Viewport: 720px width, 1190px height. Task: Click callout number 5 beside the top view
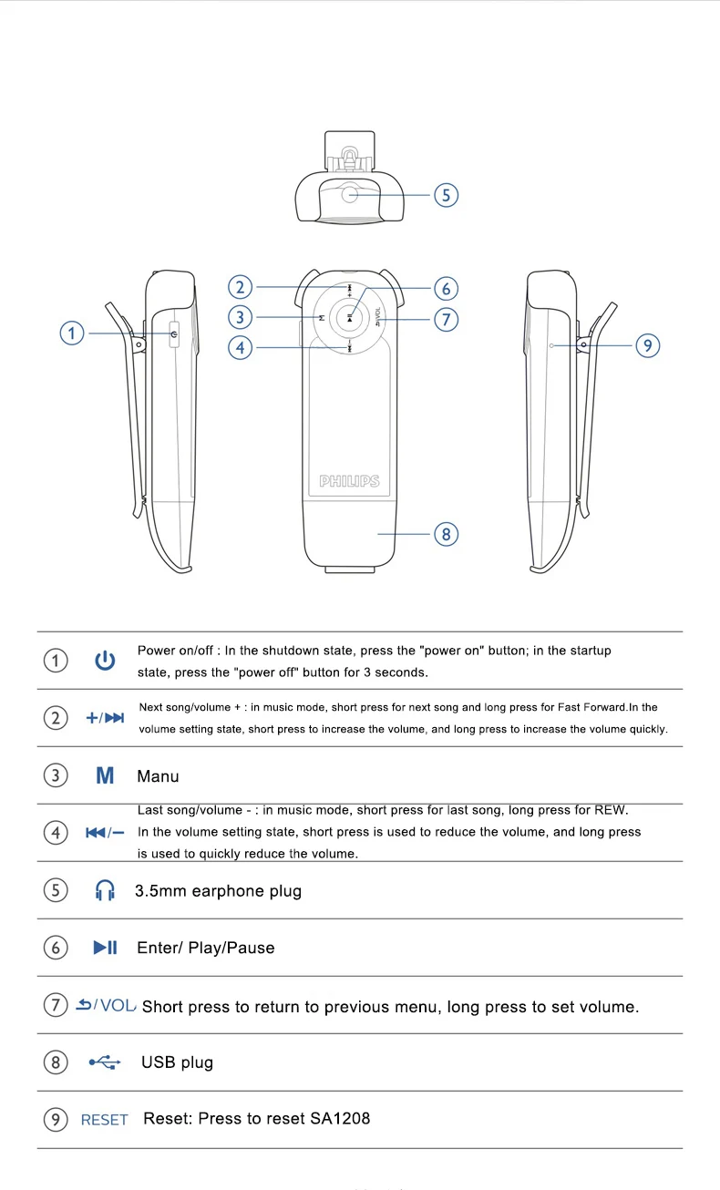click(446, 195)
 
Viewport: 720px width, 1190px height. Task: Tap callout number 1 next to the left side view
click(73, 333)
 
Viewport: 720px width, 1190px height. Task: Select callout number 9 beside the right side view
click(646, 345)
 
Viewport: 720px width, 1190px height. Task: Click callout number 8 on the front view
click(446, 534)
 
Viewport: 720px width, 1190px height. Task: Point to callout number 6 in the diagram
click(446, 289)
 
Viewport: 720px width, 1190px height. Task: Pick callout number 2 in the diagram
click(240, 288)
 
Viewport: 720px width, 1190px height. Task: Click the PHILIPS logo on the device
click(349, 481)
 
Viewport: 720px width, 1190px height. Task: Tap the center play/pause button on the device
click(350, 317)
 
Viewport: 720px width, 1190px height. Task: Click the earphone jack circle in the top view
click(351, 193)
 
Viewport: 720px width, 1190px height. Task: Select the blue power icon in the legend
click(105, 661)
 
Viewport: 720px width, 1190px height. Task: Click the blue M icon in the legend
click(105, 776)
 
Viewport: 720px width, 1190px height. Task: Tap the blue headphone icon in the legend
click(105, 891)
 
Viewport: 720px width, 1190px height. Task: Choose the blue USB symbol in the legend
click(105, 1062)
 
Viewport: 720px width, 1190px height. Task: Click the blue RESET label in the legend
click(105, 1120)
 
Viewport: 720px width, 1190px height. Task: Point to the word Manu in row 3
click(158, 777)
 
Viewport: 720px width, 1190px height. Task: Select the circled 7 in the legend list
click(56, 1005)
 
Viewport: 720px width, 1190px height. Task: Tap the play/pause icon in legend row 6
click(105, 948)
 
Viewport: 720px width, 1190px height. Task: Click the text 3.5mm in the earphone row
click(160, 891)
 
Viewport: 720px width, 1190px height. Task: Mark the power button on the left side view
click(173, 334)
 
